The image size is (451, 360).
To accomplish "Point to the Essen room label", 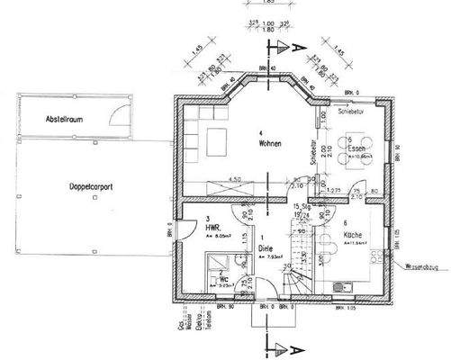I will (x=355, y=150).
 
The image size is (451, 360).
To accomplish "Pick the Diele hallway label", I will (x=266, y=247).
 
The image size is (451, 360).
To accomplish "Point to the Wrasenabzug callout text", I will (x=420, y=266).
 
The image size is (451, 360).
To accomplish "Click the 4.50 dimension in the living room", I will (x=234, y=180).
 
